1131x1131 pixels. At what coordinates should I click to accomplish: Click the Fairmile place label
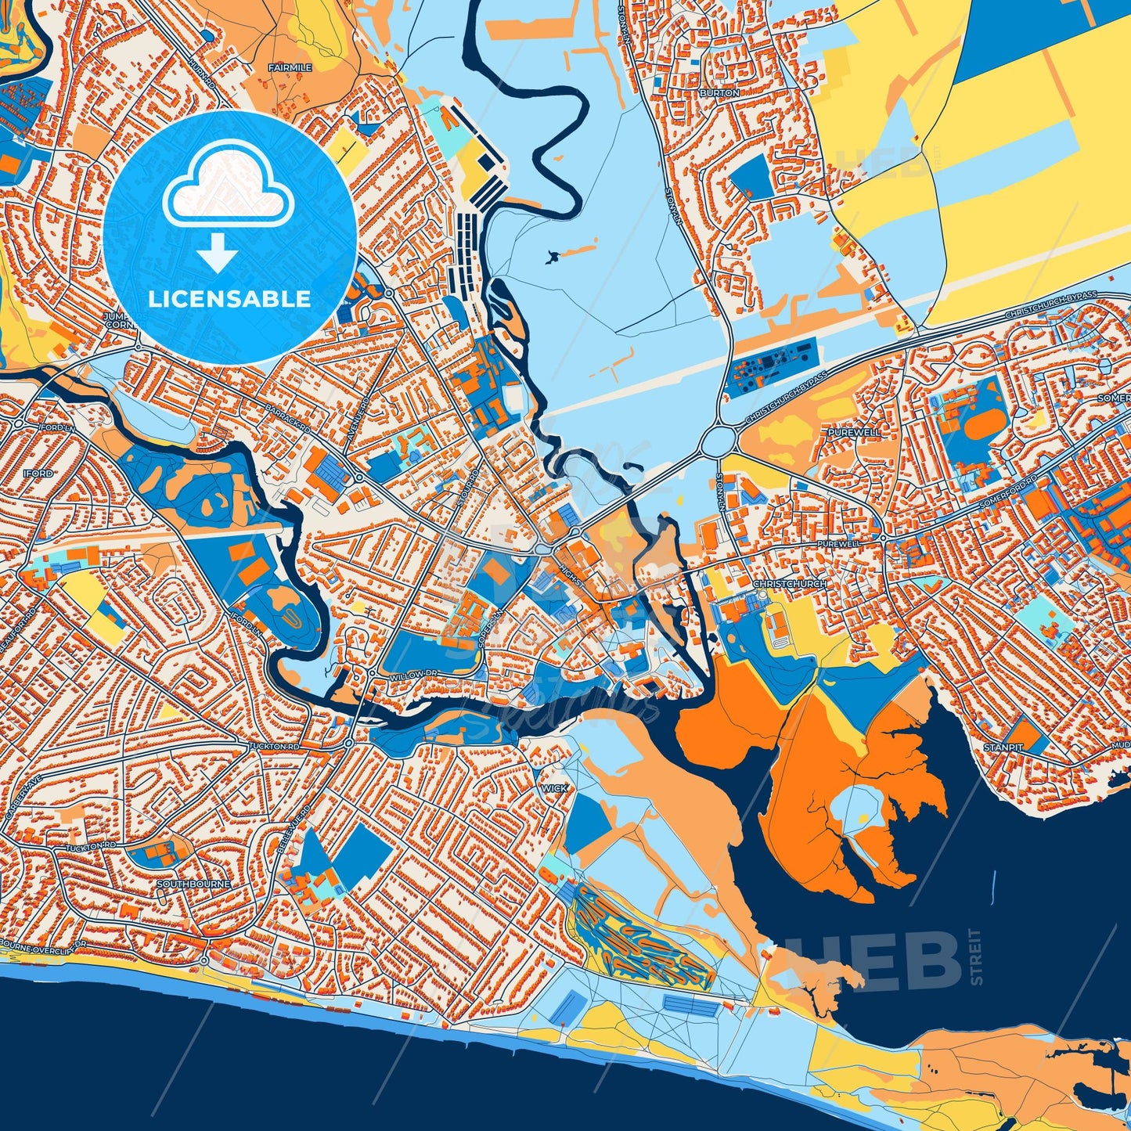point(290,68)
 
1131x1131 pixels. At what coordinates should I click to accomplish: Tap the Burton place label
point(719,92)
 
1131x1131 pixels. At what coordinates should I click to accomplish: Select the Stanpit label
point(1003,747)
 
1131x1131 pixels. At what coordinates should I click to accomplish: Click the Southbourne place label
point(193,884)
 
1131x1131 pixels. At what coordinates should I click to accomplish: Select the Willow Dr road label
point(413,674)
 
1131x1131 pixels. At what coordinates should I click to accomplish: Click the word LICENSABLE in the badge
point(229,299)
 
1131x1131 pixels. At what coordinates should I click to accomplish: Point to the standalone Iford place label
point(38,474)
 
